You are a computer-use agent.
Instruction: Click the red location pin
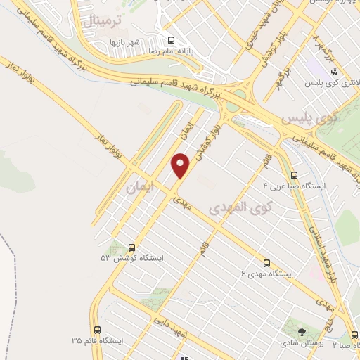coord(181,165)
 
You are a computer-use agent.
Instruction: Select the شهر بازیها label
coord(127,41)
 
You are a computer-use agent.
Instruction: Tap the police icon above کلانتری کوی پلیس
coord(335,71)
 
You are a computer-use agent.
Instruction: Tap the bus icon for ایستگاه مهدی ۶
coord(266,262)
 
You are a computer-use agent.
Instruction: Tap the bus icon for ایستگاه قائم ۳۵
coord(96,329)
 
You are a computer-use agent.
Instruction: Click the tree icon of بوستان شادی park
coord(302,329)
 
